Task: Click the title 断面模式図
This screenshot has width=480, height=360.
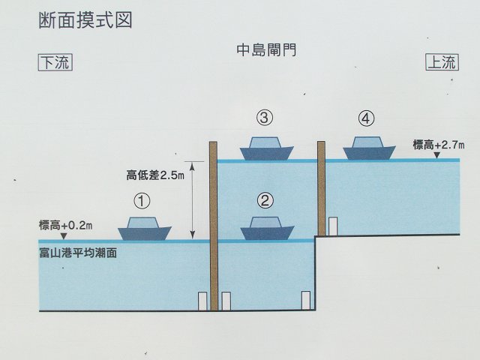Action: pos(85,20)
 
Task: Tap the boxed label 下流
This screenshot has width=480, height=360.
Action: pos(54,63)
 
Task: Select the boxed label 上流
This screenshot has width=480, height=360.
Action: pos(441,63)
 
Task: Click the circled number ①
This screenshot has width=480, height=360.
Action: pos(142,200)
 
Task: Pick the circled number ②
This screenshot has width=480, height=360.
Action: pos(265,200)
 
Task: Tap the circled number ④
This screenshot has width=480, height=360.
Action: pos(365,118)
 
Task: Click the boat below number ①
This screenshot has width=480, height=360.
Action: pos(145,229)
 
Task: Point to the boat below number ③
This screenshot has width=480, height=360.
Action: pos(267,148)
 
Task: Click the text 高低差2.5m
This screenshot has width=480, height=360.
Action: pos(155,177)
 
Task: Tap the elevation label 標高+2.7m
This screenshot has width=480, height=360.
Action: pos(439,145)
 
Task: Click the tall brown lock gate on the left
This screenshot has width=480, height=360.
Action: pos(213,225)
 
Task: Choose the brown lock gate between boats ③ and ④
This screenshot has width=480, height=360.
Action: pos(322,187)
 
